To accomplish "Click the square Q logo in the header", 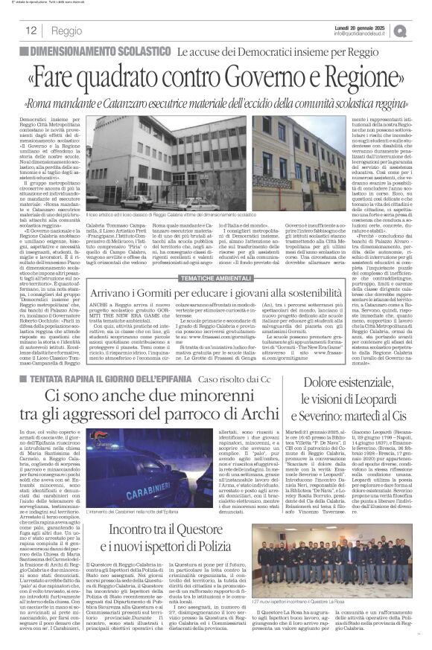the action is pyautogui.click(x=420, y=30).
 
